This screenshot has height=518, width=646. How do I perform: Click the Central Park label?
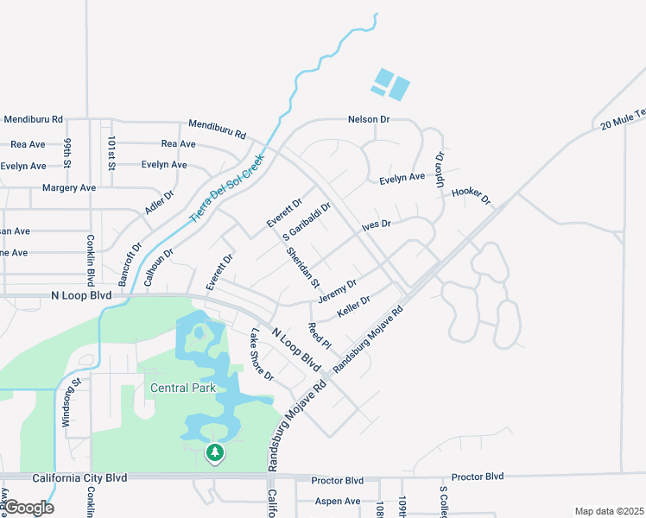182,388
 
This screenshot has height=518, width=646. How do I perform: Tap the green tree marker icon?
214,452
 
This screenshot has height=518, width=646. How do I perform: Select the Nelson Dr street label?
369,119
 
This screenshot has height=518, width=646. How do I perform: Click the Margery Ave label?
69,187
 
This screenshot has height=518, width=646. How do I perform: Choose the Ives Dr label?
377,224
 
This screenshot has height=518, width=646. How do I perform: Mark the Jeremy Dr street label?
337,291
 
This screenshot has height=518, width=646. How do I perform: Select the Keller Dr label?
353,306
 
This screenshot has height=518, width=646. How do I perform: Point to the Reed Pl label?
314,335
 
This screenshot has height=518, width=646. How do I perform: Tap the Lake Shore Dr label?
261,355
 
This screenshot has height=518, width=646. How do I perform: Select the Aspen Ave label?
339,501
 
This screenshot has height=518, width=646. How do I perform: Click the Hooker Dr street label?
471,196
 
